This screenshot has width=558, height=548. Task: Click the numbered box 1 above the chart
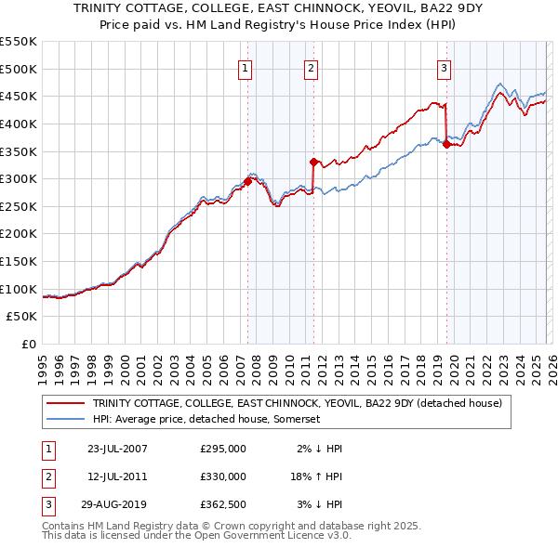coord(244,68)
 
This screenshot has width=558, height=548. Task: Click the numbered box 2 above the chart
coord(310,68)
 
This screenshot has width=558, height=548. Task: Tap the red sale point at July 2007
coord(248,182)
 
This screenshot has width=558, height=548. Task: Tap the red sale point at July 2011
coord(313,162)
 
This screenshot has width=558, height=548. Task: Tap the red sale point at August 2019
coord(447,144)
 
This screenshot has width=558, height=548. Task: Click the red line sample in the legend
coord(65,403)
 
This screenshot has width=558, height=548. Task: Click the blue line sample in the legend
coord(65,419)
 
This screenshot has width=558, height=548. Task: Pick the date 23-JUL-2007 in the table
coord(117,449)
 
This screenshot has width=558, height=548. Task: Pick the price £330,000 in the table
coord(223,476)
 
